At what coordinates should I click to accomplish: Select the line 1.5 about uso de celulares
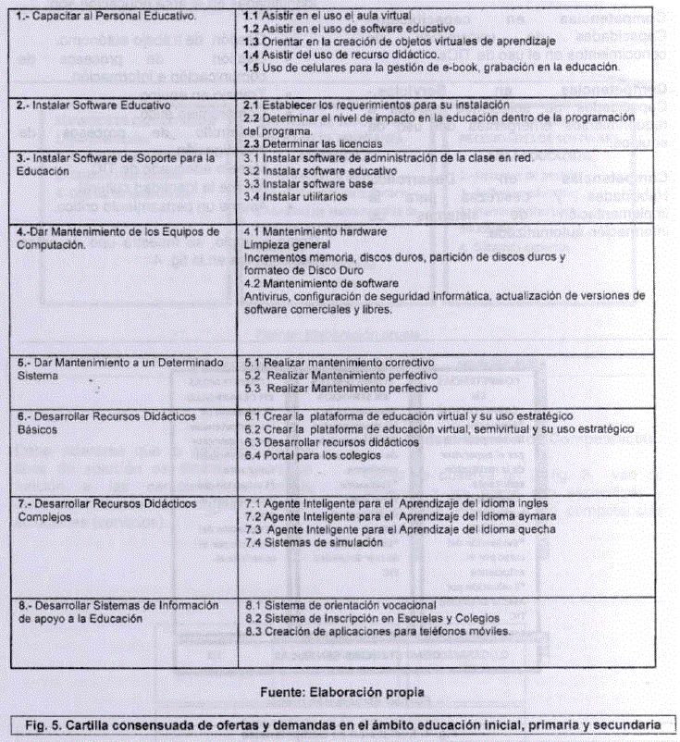(x=431, y=68)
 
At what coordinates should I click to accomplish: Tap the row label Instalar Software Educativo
(x=94, y=105)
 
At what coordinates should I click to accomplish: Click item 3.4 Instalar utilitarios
(x=301, y=196)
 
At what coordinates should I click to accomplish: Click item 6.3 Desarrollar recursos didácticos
(x=327, y=442)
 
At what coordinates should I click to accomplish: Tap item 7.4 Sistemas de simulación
(x=314, y=543)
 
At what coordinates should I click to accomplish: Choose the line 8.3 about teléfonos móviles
(x=377, y=631)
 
